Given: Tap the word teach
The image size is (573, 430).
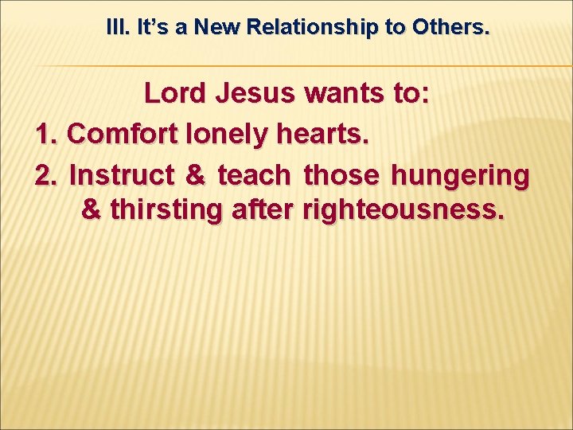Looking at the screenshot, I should point(255,174).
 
